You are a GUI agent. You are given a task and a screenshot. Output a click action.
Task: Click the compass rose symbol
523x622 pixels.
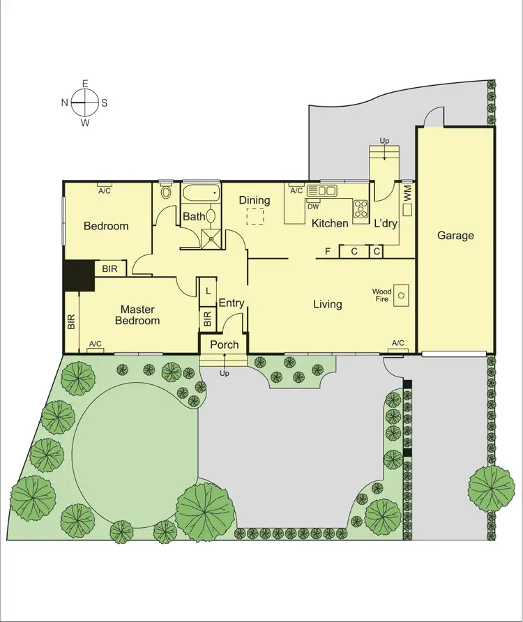point(85,103)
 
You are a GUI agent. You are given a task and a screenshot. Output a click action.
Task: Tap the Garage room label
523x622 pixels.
point(455,236)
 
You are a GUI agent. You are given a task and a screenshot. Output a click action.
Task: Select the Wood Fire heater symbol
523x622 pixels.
point(401,295)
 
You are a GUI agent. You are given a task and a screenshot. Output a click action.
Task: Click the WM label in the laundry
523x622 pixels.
point(407,192)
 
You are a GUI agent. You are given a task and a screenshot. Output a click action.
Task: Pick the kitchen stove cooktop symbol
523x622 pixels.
point(361,208)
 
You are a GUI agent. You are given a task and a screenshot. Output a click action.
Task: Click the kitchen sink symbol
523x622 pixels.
point(321,189)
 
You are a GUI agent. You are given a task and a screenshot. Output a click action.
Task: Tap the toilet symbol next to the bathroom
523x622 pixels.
point(166,192)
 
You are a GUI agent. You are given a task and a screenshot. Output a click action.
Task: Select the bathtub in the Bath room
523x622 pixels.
point(201,192)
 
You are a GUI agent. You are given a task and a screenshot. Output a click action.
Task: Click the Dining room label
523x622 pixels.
point(254,200)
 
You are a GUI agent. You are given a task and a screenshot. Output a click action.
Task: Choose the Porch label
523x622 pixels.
point(225,344)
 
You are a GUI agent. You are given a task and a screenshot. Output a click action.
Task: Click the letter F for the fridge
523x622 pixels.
point(327,251)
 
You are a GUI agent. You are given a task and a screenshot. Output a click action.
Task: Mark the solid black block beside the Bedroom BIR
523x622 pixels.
point(79,275)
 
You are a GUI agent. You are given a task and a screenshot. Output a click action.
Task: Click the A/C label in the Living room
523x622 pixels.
point(398,343)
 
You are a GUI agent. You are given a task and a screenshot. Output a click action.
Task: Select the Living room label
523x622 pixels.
point(327,304)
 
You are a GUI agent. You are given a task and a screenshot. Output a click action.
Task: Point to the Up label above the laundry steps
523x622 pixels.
point(384,142)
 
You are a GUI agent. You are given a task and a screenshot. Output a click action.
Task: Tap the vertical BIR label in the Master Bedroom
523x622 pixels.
point(71,321)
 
